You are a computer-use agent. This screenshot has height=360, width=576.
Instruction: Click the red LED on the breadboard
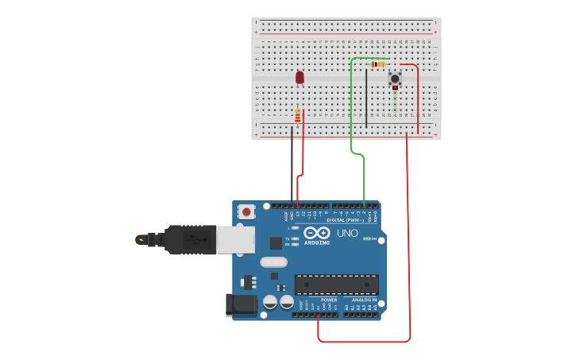pos(300,77)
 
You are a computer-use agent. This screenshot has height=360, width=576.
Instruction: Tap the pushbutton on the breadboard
pos(394,78)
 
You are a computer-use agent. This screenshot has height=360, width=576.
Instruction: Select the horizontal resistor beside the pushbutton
pos(377,64)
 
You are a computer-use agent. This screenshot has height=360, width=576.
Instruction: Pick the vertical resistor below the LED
pos(297,117)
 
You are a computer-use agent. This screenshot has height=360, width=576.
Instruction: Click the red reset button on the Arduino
pos(246,211)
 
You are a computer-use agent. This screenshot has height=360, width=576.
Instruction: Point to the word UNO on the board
pos(347,233)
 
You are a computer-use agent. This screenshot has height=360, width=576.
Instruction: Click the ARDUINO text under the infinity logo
pos(316,242)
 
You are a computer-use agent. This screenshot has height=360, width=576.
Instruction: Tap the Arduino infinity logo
pos(316,232)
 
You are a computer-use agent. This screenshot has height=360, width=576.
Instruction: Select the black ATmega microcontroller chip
pos(336,285)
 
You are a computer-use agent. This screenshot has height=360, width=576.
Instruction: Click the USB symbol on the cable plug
pos(191,238)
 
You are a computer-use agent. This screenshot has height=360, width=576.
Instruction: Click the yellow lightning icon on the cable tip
pos(141,239)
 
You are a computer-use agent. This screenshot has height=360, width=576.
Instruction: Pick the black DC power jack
pos(241,304)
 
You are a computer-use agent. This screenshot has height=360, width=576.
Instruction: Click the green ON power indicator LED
pos(367,238)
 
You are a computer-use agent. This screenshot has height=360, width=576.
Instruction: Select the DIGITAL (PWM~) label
pos(346,219)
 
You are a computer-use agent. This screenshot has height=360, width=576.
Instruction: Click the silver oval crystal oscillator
pos(273,261)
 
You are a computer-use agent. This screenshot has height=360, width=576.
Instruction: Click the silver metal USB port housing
pos(236,239)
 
